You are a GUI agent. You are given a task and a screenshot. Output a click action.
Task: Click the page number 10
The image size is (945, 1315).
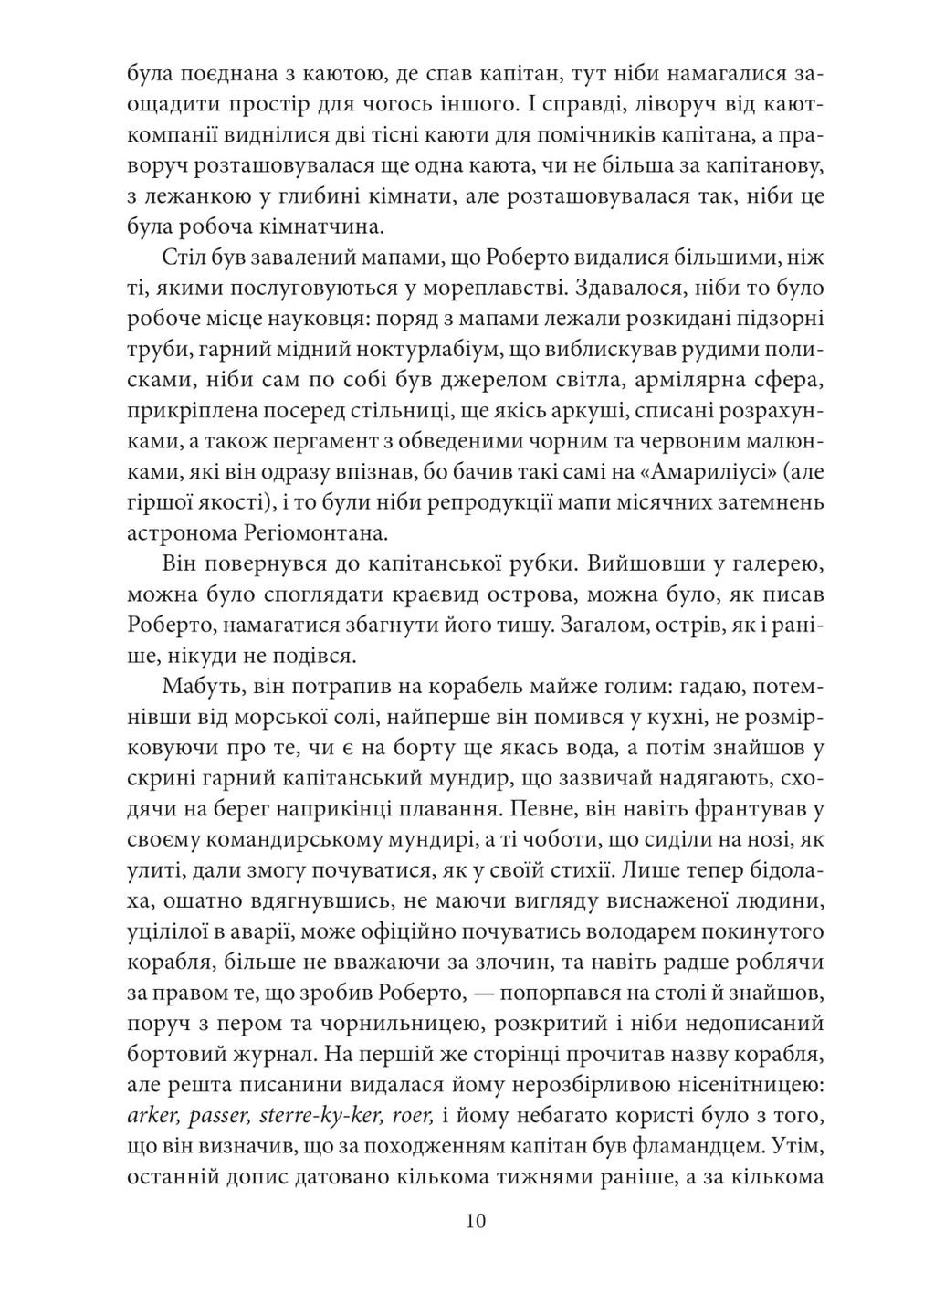[474, 1221]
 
